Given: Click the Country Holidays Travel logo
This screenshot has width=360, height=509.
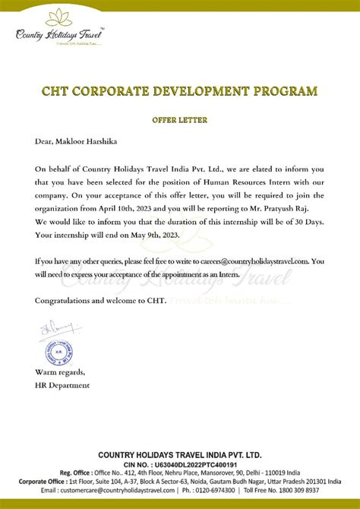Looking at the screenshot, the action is coord(58,28).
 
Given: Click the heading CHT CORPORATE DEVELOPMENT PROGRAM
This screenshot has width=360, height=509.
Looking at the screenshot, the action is coord(180,92).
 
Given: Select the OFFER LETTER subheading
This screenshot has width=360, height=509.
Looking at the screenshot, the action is coord(179,120).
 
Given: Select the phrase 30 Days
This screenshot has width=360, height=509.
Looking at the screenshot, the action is coord(303,222).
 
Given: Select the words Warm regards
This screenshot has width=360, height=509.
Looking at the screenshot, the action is coord(60,373).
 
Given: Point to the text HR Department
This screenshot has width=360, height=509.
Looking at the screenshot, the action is coord(62,385).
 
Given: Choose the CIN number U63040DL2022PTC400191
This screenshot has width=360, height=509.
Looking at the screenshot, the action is coord(196,463).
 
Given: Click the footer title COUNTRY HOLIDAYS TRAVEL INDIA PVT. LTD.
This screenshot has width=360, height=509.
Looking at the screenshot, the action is coord(180,454).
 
